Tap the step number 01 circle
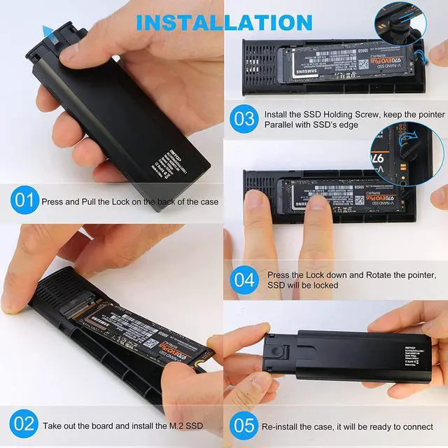tap(24, 201)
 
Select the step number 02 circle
tap(24, 424)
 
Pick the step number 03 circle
tap(244, 118)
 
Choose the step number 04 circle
tap(244, 279)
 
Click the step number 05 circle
tap(244, 425)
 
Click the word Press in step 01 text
tap(54, 202)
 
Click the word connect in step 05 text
tap(416, 426)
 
